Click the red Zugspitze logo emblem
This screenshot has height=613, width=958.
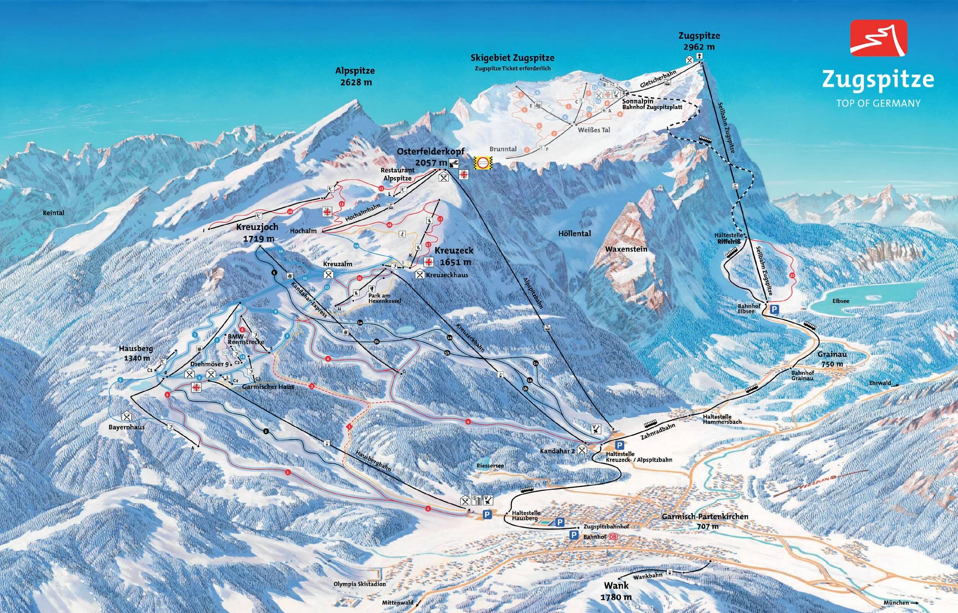[878, 38]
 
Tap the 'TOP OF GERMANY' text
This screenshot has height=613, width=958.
[878, 104]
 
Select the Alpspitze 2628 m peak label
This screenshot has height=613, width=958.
[355, 76]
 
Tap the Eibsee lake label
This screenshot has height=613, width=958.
[841, 301]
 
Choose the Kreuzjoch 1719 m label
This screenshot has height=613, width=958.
[257, 232]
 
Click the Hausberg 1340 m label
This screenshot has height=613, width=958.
[136, 353]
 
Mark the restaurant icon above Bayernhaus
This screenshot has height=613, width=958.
[127, 416]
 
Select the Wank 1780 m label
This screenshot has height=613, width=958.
[616, 591]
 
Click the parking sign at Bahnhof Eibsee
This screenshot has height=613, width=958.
[774, 309]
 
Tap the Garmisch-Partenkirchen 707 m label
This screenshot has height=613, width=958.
[705, 521]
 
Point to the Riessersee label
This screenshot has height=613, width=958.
[490, 465]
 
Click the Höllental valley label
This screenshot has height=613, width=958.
[574, 233]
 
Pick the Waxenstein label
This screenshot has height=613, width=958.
[626, 249]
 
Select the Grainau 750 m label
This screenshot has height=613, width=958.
[832, 359]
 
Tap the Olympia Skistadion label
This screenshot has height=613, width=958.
[360, 584]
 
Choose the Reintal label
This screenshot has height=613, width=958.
[53, 213]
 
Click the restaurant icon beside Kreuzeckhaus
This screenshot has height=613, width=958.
[420, 274]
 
